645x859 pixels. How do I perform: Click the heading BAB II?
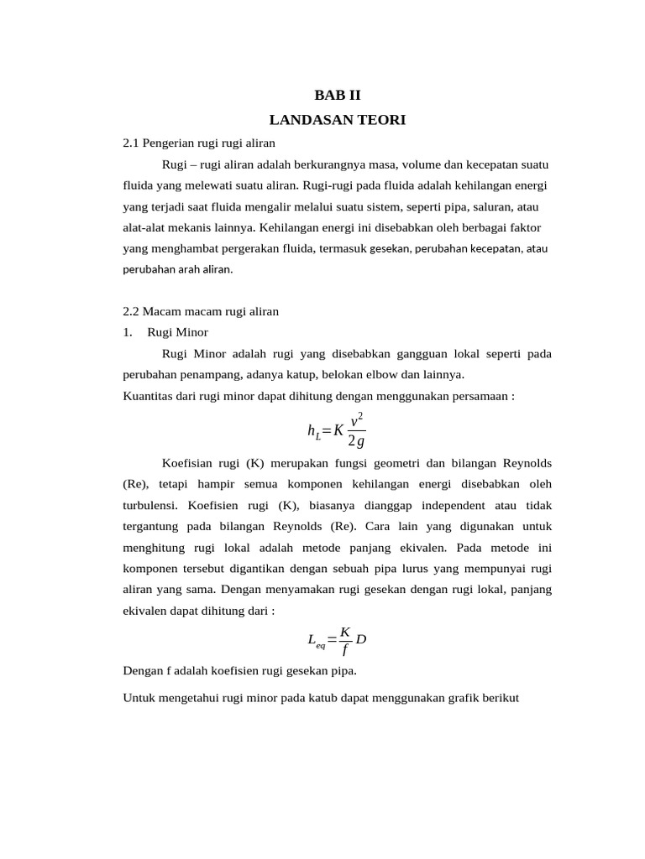(337, 95)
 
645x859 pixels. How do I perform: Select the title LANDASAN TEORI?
(337, 121)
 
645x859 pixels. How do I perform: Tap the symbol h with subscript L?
(314, 431)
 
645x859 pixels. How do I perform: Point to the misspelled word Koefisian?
(189, 463)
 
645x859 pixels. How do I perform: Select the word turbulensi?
(150, 506)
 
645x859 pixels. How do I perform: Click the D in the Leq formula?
(361, 639)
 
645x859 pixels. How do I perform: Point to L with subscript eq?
(316, 641)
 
